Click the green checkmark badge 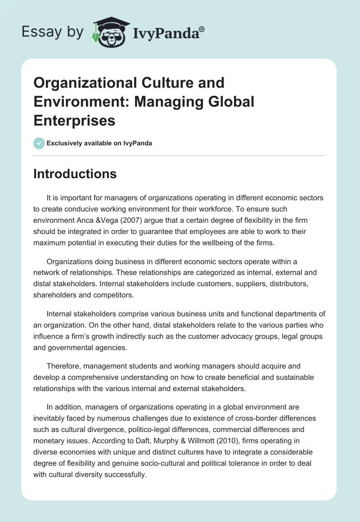39,143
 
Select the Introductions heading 75,174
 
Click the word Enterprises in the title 75,120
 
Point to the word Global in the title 232,102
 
